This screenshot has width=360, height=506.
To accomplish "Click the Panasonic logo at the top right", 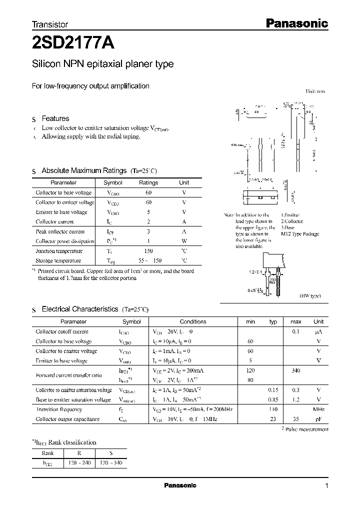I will click(x=295, y=23).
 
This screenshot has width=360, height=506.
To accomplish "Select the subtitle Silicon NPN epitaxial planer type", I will click(x=102, y=64).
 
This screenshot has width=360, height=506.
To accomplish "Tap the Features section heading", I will click(x=55, y=118).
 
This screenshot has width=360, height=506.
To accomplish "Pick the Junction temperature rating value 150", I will click(x=148, y=251).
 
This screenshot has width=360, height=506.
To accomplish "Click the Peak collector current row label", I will click(x=60, y=231).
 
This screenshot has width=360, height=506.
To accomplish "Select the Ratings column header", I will click(x=148, y=183).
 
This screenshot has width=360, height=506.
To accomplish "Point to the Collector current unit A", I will click(x=184, y=221).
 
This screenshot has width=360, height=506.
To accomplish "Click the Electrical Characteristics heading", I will click(x=79, y=309).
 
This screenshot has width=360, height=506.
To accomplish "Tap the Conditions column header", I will click(x=193, y=322).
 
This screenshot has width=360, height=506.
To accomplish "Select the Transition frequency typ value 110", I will click(x=273, y=409).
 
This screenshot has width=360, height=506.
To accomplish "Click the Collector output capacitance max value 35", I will click(x=295, y=419).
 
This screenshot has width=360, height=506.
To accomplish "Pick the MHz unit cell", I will click(x=318, y=409).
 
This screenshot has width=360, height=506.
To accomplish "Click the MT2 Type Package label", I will click(x=299, y=234).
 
